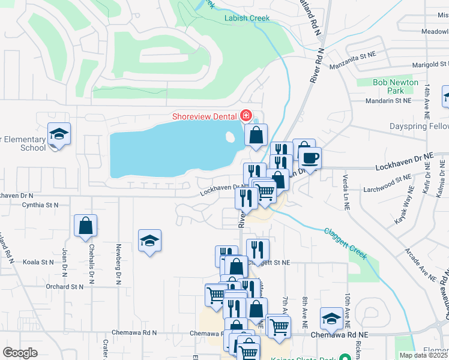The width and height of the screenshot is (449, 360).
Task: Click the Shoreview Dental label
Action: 204,116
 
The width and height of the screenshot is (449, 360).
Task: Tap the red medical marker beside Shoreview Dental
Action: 246,115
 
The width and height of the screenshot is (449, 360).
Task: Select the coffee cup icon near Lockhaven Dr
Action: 310,158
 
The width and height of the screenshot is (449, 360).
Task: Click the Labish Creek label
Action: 247,19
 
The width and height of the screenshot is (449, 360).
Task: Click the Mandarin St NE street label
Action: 390,101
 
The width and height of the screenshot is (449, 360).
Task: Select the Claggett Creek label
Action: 345,243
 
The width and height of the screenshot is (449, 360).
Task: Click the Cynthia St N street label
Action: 39,205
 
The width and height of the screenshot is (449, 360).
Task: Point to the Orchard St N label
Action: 64,287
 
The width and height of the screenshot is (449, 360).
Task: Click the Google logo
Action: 20,353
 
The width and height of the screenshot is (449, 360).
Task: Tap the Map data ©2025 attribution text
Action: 423,355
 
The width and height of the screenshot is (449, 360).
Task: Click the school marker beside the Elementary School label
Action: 59,134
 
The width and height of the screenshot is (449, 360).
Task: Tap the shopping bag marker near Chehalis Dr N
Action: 86,226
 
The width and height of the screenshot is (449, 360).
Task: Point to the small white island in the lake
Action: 231,137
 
